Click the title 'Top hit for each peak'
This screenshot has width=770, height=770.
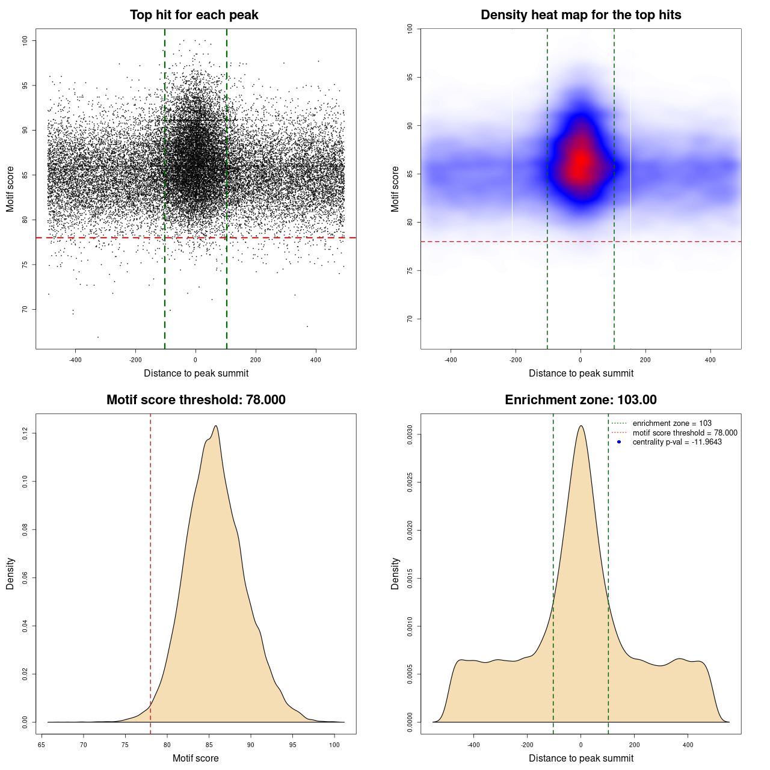[x=194, y=15]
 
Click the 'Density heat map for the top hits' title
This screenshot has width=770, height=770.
[x=581, y=15]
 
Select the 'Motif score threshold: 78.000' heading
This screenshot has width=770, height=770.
[x=196, y=400]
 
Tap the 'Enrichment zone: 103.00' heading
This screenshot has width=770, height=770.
[x=581, y=400]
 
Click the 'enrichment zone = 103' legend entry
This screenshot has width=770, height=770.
[x=672, y=423]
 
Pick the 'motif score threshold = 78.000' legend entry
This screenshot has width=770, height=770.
[x=685, y=433]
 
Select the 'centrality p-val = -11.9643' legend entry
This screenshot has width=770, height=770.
[x=677, y=442]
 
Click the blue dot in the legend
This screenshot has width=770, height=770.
[x=619, y=442]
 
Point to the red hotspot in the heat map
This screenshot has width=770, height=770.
[x=581, y=161]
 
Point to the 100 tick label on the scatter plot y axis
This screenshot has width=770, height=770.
[x=25, y=40]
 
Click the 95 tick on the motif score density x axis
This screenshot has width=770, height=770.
[x=292, y=745]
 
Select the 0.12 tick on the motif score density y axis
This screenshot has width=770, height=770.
[x=25, y=433]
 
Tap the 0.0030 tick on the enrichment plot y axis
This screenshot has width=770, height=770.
[x=410, y=434]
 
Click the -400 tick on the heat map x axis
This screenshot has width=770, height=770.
[x=451, y=360]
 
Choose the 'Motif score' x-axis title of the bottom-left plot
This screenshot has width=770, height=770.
[x=196, y=758]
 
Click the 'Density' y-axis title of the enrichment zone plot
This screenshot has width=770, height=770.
[x=395, y=573]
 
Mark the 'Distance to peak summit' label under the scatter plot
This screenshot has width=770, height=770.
[x=196, y=373]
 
